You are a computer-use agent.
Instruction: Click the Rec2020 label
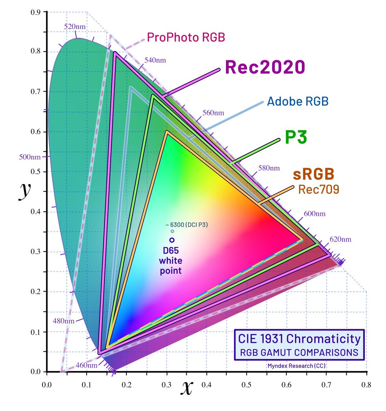(265, 67)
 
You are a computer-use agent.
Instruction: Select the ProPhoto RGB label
(186, 37)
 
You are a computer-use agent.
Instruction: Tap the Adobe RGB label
(298, 101)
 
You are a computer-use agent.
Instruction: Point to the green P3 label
(296, 137)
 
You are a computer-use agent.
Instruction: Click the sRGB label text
(314, 174)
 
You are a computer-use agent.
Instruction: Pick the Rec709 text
(319, 189)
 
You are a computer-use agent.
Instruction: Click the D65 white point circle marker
(172, 240)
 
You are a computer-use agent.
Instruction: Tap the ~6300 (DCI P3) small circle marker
(172, 231)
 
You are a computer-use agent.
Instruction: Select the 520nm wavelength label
(75, 27)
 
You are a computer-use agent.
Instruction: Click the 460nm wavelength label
(86, 365)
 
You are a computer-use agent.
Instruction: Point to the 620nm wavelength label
(340, 239)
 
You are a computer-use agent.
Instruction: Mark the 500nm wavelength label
(30, 157)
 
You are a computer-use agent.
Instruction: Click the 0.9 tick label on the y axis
(36, 12)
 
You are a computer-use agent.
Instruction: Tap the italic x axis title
(187, 387)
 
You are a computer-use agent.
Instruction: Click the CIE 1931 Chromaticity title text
(299, 339)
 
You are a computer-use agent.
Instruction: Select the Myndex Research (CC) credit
(296, 366)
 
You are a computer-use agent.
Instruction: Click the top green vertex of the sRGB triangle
(167, 131)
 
